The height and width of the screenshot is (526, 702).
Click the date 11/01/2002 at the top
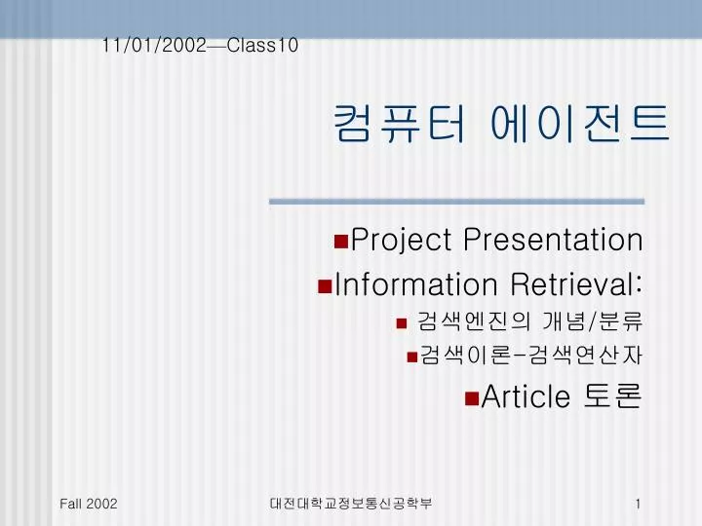point(154,45)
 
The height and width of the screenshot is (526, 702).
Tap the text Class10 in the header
point(262,45)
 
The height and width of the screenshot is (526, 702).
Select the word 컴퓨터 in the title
point(400,124)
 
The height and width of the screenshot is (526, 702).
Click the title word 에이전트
point(580,124)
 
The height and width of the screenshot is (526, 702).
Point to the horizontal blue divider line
point(456,202)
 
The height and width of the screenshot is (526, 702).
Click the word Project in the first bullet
point(401,241)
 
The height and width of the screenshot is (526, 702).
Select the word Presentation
point(554,240)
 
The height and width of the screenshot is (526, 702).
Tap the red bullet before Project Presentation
point(341,242)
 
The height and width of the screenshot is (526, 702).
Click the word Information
point(416,284)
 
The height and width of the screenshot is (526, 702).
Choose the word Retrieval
point(576,284)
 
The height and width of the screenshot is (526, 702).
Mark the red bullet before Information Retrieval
point(325,286)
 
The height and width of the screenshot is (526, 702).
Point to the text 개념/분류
point(593,320)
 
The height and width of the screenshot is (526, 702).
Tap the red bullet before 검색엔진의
point(402,323)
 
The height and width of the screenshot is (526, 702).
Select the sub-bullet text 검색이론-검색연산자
point(531,356)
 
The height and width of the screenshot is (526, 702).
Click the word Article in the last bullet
point(526,396)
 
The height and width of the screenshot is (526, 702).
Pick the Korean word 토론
point(613,395)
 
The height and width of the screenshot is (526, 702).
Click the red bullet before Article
point(472,398)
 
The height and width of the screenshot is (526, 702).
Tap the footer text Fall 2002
point(88,504)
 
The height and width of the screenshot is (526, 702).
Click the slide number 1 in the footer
point(638,504)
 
